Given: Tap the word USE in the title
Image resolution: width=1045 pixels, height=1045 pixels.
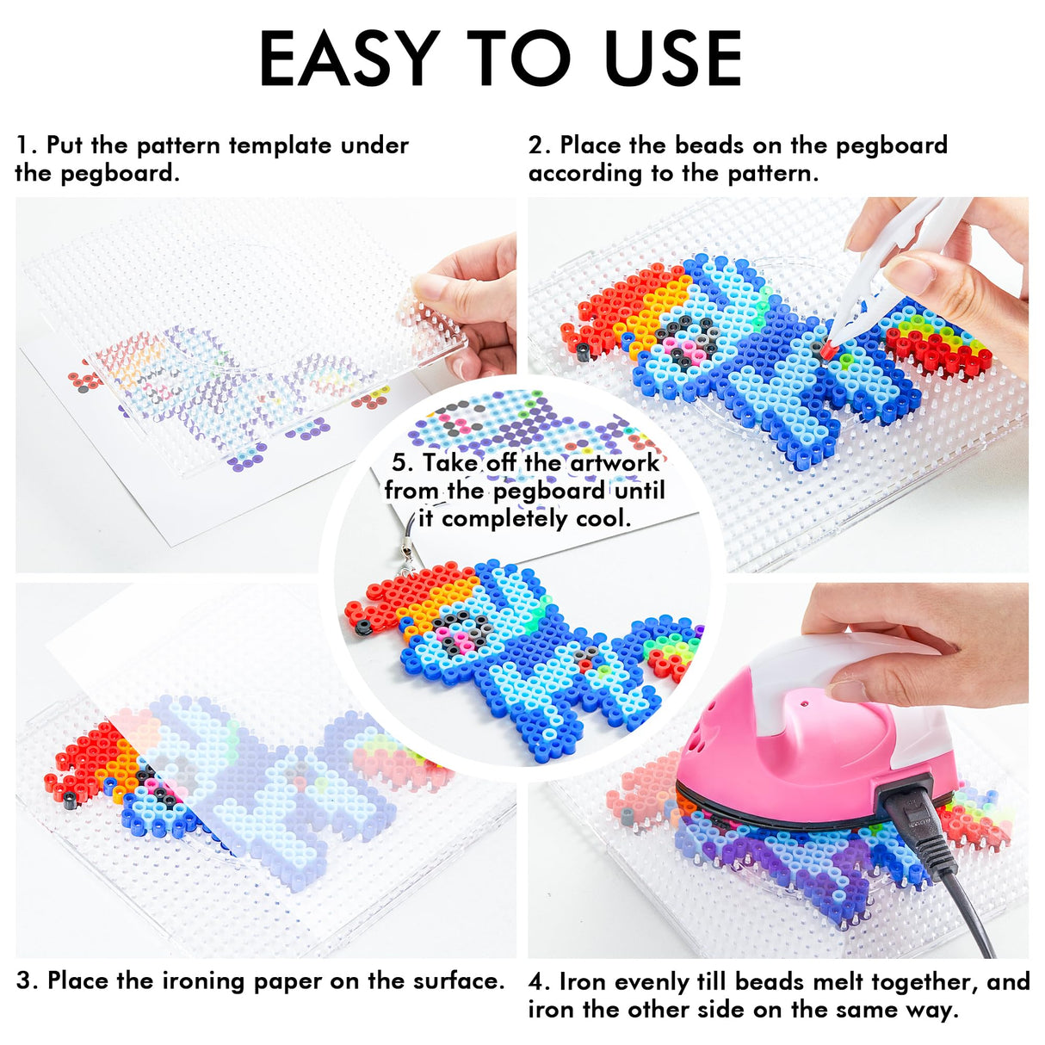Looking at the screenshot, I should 672,59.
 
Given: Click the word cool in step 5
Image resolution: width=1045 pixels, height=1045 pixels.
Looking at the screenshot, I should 601,518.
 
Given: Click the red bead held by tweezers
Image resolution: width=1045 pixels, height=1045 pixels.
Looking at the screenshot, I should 827,349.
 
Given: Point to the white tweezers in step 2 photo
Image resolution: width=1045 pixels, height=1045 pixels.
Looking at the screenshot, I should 887,258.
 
